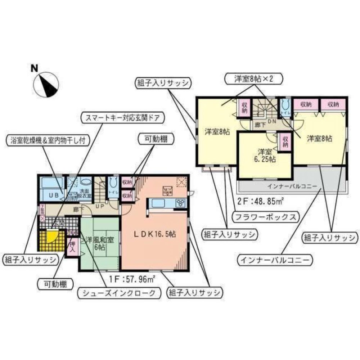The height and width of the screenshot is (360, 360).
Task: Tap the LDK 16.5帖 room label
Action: pos(156,233)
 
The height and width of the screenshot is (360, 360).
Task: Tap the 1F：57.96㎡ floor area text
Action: pos(132,278)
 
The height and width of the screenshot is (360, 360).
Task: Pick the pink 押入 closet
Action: pos(72,247)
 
